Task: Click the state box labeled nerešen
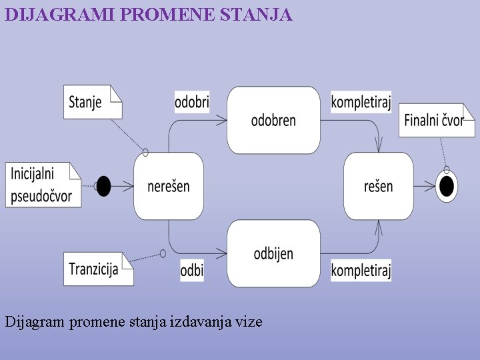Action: tap(168, 186)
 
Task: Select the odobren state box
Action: tap(273, 120)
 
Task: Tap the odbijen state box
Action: tap(273, 253)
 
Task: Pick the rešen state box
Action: tap(378, 186)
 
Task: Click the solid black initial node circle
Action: tap(103, 186)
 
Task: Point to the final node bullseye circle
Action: tap(447, 186)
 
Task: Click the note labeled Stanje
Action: tap(92, 102)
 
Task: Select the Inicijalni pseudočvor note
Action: tap(42, 185)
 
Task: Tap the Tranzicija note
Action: tap(97, 269)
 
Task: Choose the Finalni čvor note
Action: tap(435, 120)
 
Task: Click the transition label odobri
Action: tap(192, 102)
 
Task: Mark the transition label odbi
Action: tap(192, 270)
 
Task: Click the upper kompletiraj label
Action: tap(361, 102)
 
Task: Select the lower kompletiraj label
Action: tap(361, 270)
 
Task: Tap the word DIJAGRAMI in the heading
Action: tap(60, 14)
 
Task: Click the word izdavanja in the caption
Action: tap(201, 322)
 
